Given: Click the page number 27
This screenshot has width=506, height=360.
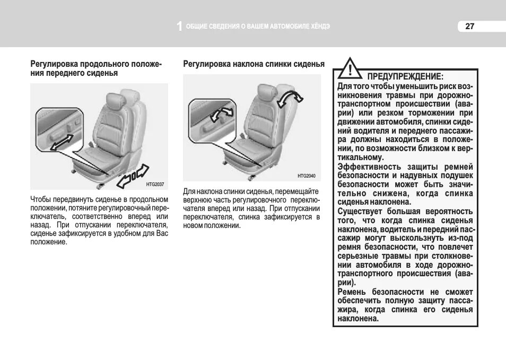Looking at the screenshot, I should tap(470, 27).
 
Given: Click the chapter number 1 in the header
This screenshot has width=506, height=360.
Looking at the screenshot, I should tap(179, 27).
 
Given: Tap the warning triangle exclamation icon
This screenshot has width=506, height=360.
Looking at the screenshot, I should tap(350, 69).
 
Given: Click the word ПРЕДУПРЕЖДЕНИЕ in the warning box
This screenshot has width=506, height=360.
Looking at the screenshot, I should tap(405, 76).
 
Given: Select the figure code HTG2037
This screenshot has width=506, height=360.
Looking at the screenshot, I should tap(155, 184).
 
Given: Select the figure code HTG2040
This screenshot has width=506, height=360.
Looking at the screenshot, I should tap(307, 175).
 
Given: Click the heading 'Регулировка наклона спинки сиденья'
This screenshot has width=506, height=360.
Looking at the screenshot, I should tap(254, 64).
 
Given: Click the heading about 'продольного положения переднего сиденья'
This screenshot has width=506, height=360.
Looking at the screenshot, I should tap(95, 68).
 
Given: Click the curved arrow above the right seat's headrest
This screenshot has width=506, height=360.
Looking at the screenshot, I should tap(291, 96).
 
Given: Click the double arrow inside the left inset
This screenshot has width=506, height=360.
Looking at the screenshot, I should tap(62, 142).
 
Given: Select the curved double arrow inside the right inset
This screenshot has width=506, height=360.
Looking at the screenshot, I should tap(221, 114).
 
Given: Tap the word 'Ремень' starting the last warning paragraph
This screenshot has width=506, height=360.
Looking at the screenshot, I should tap(352, 292).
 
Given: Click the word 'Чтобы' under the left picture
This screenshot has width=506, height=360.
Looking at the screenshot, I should tap(40, 199).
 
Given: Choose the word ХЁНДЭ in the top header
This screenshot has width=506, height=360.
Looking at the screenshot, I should tap(319, 27).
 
